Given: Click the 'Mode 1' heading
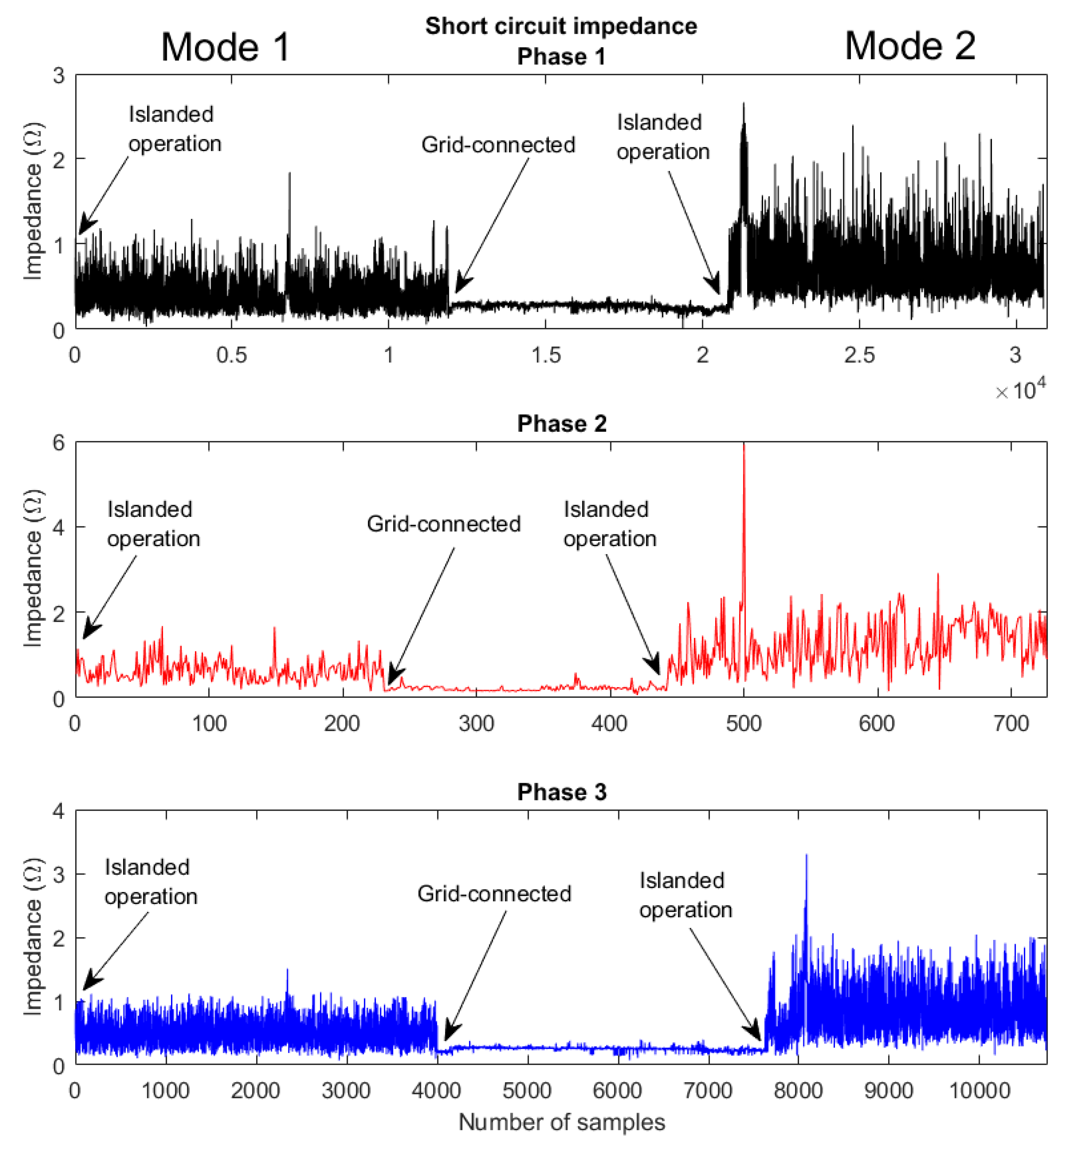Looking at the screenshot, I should click(225, 47).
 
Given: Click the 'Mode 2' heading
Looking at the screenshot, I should click(910, 46).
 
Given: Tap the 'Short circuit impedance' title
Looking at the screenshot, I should click(561, 26).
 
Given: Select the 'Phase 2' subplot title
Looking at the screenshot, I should click(561, 423).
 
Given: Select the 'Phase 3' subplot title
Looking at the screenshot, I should click(561, 792).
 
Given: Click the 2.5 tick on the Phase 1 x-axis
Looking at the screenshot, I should click(859, 355).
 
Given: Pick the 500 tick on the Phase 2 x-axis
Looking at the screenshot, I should click(744, 723).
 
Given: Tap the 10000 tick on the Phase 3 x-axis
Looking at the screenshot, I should click(979, 1091).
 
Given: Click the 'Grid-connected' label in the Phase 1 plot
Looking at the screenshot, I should click(498, 144).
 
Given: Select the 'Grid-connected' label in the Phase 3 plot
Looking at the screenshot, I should click(494, 893).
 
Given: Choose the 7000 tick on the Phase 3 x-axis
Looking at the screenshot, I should click(708, 1091).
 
